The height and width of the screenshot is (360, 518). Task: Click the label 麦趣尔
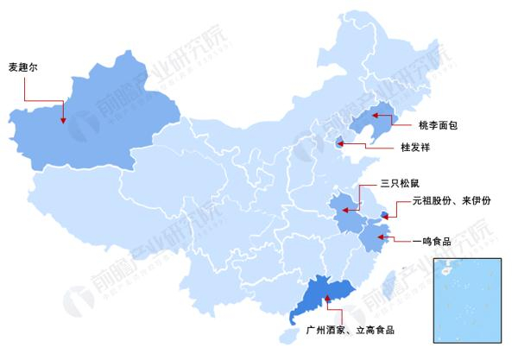(23, 66)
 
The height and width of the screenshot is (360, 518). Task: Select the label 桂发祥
(415, 148)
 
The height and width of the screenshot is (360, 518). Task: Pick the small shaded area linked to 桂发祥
(340, 146)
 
